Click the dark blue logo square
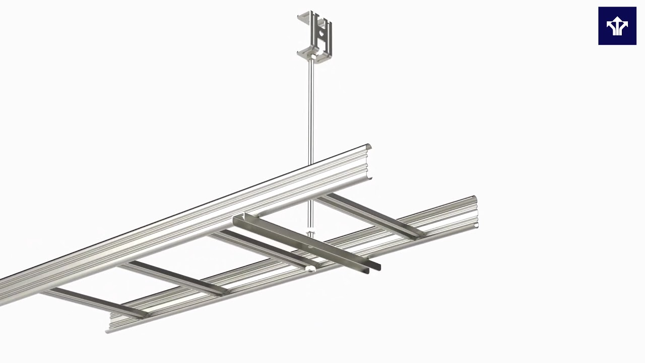tap(617, 26)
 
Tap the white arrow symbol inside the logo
tap(617, 27)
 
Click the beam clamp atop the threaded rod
tap(315, 35)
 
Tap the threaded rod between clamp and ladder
tap(311, 111)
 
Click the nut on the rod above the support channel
tap(310, 234)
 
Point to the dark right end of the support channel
tap(375, 266)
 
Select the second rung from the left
tap(174, 277)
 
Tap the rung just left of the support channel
tap(262, 248)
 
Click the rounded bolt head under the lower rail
tap(311, 270)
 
